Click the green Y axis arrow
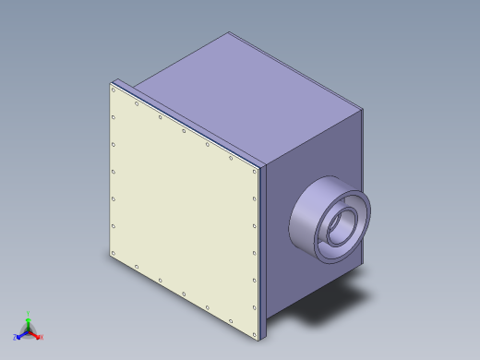point(29,320)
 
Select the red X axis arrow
point(36,334)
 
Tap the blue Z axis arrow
point(21,333)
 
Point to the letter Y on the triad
point(29,314)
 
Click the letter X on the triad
point(42,337)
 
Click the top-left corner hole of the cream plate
point(114,90)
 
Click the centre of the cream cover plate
point(184,210)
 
